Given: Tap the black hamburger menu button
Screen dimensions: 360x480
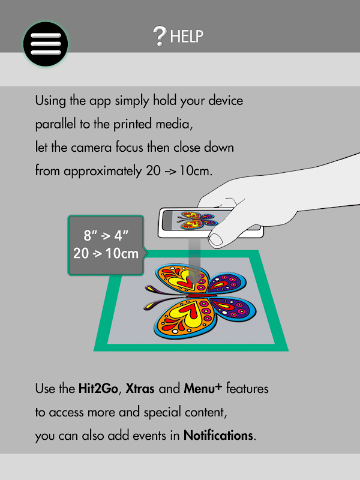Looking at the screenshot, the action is point(46,44).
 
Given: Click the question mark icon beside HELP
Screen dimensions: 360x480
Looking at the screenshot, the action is point(160,36).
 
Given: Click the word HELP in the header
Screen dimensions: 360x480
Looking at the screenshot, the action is point(187,37).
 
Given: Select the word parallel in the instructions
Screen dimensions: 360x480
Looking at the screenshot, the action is point(55,124).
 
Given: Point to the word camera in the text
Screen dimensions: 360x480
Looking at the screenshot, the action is point(91,148).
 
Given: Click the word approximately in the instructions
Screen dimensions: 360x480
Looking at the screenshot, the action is point(103,171).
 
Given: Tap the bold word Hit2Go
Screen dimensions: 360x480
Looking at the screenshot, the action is point(98,388).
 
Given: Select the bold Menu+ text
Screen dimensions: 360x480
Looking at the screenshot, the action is point(203,388).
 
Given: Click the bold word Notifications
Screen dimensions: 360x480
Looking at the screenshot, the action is point(218,436).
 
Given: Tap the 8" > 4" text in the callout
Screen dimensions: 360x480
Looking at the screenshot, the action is point(106,235).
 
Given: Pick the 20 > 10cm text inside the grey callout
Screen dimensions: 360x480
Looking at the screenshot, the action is point(106,253).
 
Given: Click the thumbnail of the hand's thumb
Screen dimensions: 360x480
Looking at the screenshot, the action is point(216,239).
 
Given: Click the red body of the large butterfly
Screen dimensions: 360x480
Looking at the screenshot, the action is point(197,296).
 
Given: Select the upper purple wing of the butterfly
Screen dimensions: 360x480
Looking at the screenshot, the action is point(227,282).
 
